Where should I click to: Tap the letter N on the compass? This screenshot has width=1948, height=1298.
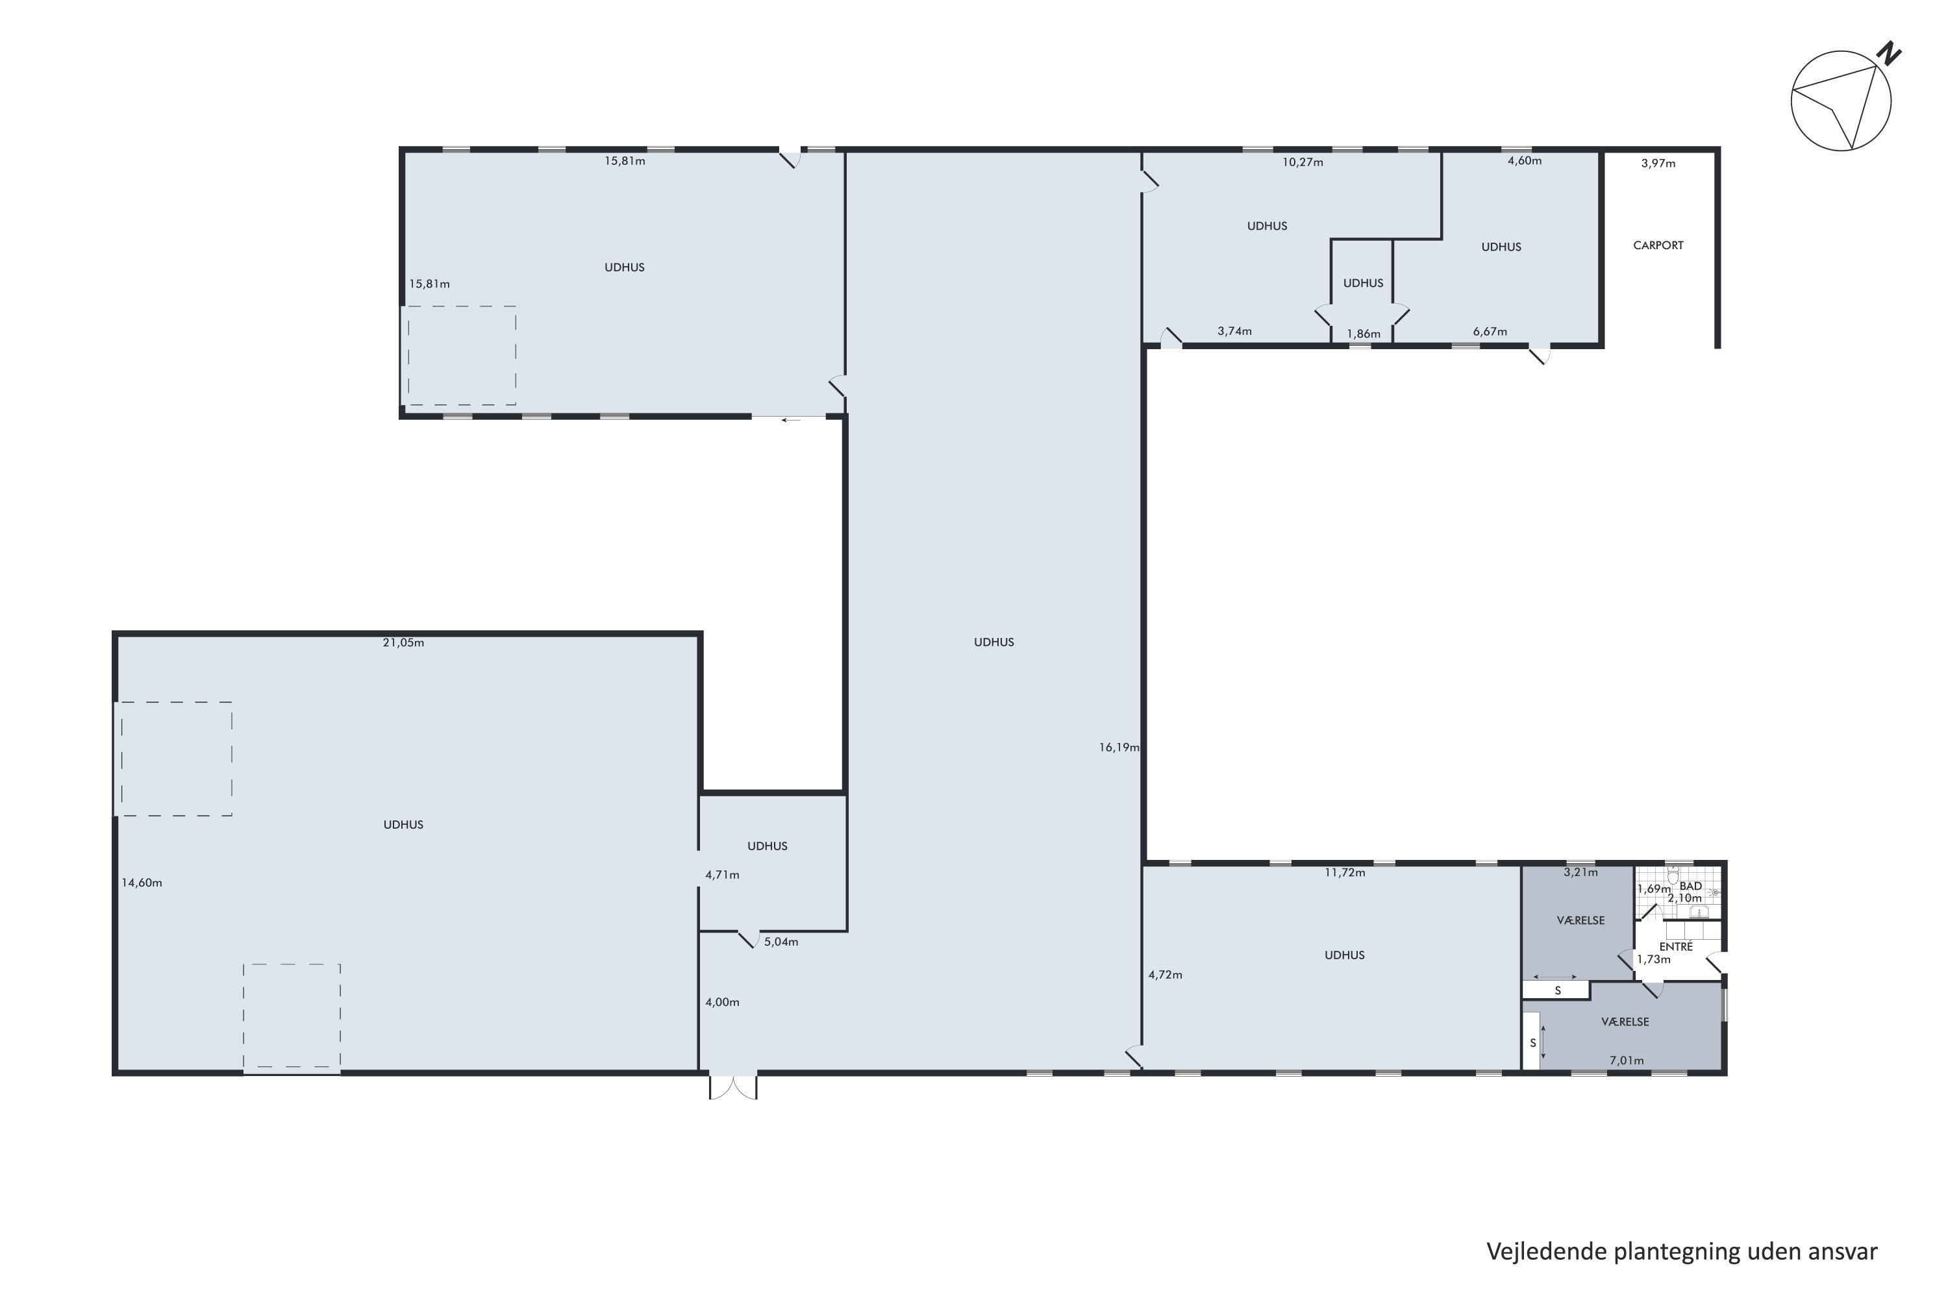[1889, 55]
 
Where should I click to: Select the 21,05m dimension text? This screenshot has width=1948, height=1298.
[403, 643]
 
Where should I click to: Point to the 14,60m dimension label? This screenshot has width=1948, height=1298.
[142, 883]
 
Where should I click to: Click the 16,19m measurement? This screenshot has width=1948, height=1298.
[1119, 747]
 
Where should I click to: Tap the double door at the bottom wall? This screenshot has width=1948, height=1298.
[733, 1087]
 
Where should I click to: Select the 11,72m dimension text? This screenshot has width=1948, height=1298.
[1344, 872]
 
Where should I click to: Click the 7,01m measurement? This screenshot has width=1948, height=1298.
[1626, 1060]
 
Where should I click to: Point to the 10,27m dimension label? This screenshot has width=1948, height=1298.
[1302, 162]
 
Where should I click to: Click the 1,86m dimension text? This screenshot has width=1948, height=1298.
[1362, 334]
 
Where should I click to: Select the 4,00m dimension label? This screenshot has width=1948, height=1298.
[722, 1001]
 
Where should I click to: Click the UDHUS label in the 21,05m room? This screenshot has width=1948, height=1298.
[403, 824]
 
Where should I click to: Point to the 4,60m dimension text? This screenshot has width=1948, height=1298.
[1524, 160]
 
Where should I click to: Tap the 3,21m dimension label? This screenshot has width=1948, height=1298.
[1580, 872]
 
